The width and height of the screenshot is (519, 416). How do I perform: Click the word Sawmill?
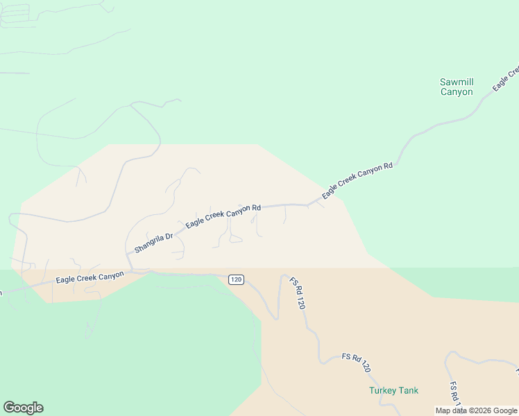(457, 83)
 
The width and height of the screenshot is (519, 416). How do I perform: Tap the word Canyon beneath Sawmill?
(457, 92)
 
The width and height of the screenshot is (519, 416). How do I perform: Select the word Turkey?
(382, 390)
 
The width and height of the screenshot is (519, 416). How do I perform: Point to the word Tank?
(408, 390)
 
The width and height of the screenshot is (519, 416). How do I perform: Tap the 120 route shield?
(236, 279)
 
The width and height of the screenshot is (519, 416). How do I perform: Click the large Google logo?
(23, 408)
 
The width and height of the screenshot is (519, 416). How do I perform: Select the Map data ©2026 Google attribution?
(476, 410)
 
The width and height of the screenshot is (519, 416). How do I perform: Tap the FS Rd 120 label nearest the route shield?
(298, 293)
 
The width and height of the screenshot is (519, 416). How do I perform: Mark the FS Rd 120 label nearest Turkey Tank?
(357, 363)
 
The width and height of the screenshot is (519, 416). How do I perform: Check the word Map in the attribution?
(443, 410)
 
